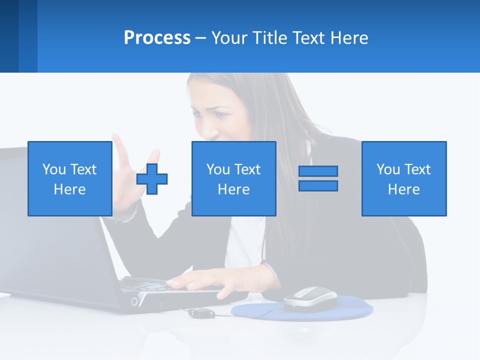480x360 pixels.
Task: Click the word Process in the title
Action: tap(157, 38)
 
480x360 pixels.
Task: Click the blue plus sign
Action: tap(152, 178)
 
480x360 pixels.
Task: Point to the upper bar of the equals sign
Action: tap(318, 171)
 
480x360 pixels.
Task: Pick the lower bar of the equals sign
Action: tap(318, 185)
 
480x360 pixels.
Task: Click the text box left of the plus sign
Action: tap(69, 178)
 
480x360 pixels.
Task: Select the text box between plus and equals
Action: tap(233, 178)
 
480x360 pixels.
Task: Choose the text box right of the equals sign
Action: tap(403, 178)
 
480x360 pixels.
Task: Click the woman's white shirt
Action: tap(245, 240)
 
